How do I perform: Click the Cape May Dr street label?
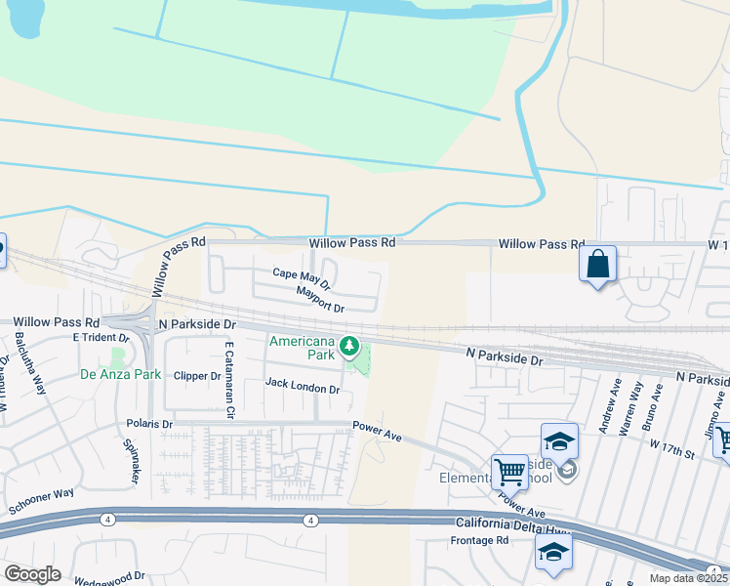[302, 279]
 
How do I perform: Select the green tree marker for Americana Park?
[348, 347]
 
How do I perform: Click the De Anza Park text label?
[120, 374]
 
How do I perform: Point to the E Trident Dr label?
[101, 337]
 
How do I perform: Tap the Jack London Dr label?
[302, 388]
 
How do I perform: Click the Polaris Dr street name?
[149, 424]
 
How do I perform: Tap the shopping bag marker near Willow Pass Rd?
[597, 265]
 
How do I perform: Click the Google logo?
[32, 574]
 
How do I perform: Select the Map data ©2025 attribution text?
[689, 578]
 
